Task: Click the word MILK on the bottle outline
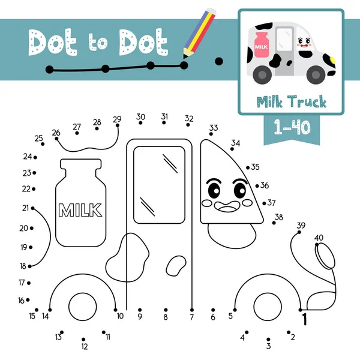coord(80,210)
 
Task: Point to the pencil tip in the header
coord(185,61)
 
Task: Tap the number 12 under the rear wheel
coord(85,346)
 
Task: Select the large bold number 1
coord(304,319)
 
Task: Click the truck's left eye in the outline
coord(215,191)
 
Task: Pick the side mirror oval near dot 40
coord(326,256)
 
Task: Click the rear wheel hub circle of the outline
coord(83,305)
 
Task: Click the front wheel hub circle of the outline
coord(266,305)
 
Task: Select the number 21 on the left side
coord(25,208)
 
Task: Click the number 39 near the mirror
coord(301,225)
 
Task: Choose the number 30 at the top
coord(140,116)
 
